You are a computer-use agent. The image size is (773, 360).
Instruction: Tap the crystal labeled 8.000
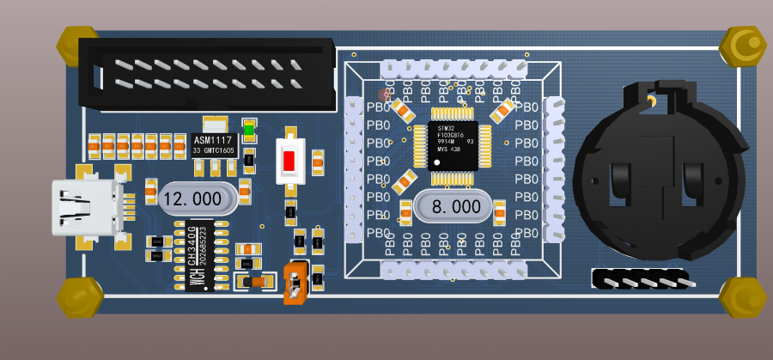pyautogui.click(x=453, y=207)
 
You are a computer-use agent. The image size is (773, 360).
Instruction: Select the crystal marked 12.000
pyautogui.click(x=197, y=198)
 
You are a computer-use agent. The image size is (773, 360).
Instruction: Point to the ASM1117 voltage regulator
pyautogui.click(x=214, y=144)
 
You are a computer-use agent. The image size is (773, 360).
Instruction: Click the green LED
pyautogui.click(x=250, y=131)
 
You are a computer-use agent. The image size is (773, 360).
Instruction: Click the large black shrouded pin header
pyautogui.click(x=207, y=74)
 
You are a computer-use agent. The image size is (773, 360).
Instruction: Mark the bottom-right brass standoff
pyautogui.click(x=743, y=297)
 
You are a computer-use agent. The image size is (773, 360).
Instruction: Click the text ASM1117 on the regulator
pyautogui.click(x=213, y=140)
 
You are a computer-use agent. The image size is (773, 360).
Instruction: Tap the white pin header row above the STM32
pyautogui.click(x=453, y=67)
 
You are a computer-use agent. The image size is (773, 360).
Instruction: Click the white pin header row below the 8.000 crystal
pyautogui.click(x=453, y=271)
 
